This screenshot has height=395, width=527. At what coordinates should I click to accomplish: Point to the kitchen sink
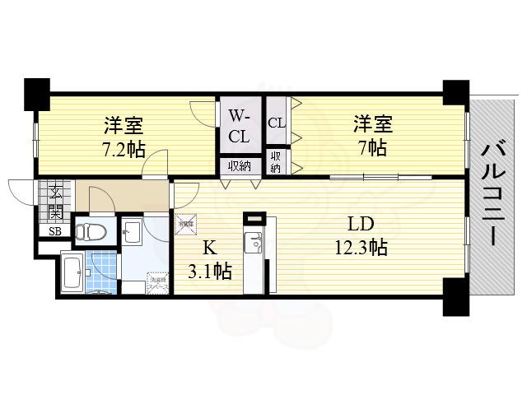point(254,244)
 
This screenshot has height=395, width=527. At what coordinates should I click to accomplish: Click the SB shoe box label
point(54,231)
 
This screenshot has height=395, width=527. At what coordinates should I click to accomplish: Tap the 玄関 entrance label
point(54,202)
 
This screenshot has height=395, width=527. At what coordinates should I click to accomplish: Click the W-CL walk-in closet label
point(240,125)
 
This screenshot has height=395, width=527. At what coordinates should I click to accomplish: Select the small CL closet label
point(276,122)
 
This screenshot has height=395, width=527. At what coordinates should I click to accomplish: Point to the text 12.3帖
point(360,247)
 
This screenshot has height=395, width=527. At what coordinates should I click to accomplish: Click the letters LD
point(360,224)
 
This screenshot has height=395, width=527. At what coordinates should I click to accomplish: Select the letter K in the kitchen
point(209,246)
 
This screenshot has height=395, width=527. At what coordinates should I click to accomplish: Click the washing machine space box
point(158,284)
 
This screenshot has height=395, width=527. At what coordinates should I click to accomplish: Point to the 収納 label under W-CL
point(240,166)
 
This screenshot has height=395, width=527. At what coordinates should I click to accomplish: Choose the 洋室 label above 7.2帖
point(124,126)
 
